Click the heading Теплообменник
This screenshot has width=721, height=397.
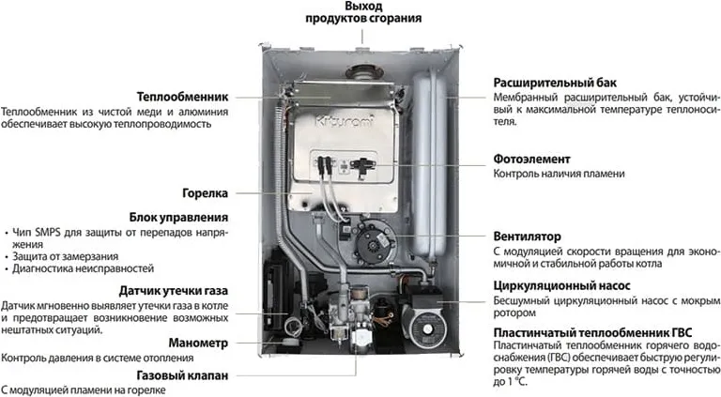pyautogui.click(x=182, y=97)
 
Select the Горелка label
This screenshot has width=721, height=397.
pyautogui.click(x=205, y=193)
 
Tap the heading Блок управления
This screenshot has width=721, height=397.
pyautogui.click(x=178, y=218)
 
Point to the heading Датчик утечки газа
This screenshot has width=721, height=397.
pyautogui.click(x=174, y=291)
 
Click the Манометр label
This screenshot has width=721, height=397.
pyautogui.click(x=198, y=343)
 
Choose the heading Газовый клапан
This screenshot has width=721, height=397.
pyautogui.click(x=182, y=375)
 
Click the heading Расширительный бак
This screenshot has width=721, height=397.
pyautogui.click(x=555, y=84)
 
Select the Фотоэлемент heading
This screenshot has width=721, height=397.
pyautogui.click(x=531, y=160)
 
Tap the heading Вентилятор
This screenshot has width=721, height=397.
pyautogui.click(x=527, y=237)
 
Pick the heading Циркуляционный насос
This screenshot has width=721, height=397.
pyautogui.click(x=562, y=286)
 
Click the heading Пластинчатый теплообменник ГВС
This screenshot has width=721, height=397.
pyautogui.click(x=592, y=332)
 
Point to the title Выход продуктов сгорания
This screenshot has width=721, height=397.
pyautogui.click(x=363, y=12)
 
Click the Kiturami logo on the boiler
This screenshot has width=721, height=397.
pyautogui.click(x=345, y=121)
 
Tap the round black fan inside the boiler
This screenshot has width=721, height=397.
pyautogui.click(x=374, y=240)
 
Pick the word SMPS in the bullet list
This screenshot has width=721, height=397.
pyautogui.click(x=48, y=233)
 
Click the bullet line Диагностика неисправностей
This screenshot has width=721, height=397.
pyautogui.click(x=84, y=268)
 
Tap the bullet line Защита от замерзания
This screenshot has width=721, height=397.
pyautogui.click(x=66, y=257)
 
